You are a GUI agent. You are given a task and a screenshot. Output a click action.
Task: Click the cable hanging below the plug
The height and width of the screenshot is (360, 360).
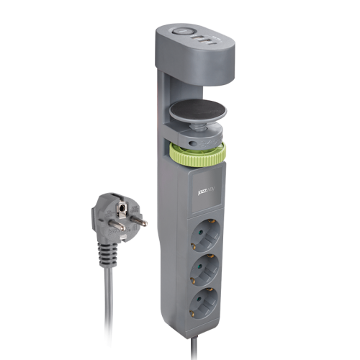pos(107,310)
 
